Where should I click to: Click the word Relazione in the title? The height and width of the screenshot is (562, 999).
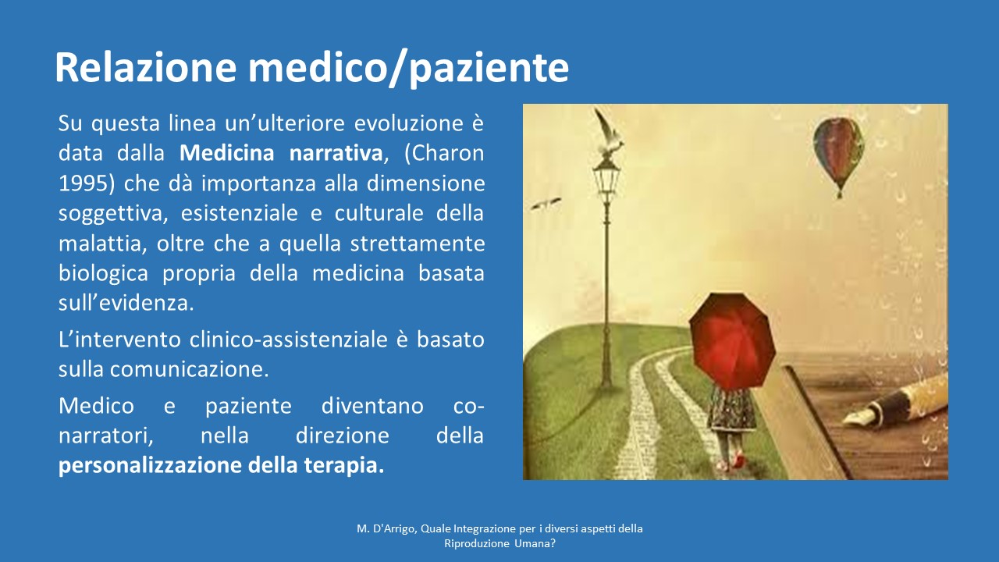click(145, 67)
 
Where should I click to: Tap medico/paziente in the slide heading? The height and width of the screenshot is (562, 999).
click(408, 69)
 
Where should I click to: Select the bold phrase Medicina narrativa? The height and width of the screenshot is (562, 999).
click(281, 153)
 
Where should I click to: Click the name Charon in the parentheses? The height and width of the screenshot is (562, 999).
click(449, 153)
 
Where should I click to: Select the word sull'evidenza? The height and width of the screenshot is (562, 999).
click(126, 303)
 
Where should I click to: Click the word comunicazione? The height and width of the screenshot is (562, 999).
click(190, 369)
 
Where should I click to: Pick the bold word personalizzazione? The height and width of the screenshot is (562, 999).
click(150, 466)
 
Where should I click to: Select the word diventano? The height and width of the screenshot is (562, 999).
click(372, 406)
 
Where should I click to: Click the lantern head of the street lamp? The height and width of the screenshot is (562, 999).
click(606, 176)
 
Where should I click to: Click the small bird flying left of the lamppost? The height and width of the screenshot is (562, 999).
click(546, 204)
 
